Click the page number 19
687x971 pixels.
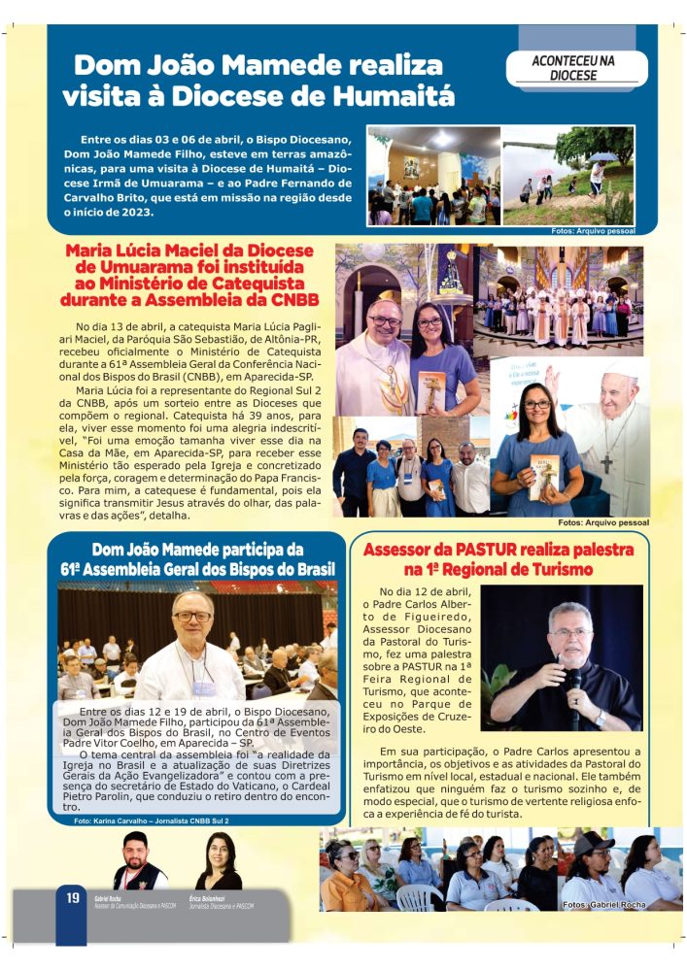coord(72,898)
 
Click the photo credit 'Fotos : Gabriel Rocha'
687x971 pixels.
coord(603,904)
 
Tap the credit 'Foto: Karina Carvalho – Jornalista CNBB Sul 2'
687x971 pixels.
coord(152,821)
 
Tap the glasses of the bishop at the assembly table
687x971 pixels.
coord(192,617)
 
